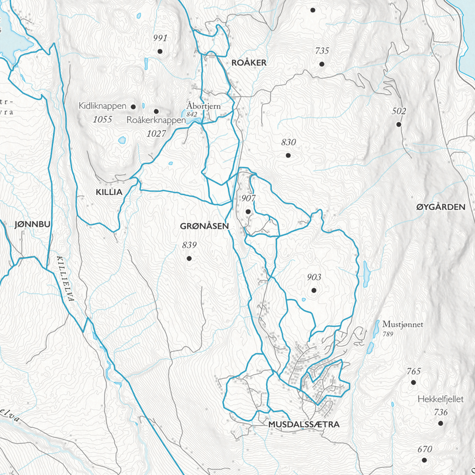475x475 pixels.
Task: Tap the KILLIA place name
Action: point(109,192)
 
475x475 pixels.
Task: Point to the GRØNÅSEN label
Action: point(205,226)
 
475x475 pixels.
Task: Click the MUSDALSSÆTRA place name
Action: point(304,424)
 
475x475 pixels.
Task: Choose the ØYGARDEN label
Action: point(440,206)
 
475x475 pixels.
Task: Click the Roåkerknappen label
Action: point(156,120)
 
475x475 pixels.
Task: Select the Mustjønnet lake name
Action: point(402,325)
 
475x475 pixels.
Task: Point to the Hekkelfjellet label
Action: point(440,398)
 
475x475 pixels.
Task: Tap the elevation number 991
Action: point(160,38)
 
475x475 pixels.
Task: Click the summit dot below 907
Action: point(248,212)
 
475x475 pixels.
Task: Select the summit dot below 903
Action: point(313,291)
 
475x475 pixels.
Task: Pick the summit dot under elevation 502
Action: point(398,125)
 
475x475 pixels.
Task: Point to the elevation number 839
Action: point(189,245)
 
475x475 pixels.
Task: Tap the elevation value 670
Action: point(425,449)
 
